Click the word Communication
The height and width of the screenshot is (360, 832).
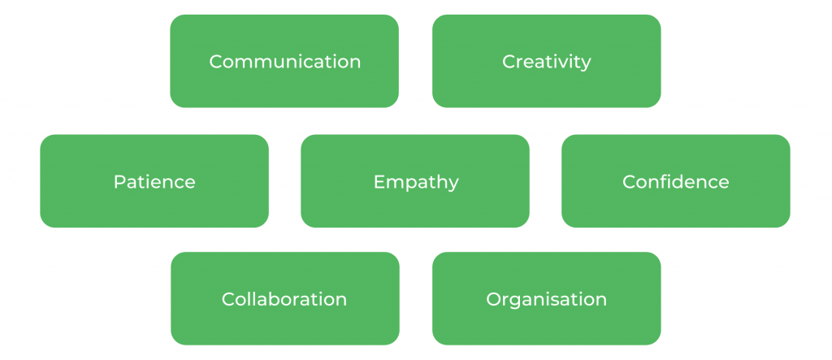pyautogui.click(x=284, y=62)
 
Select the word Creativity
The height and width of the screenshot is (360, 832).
pyautogui.click(x=546, y=62)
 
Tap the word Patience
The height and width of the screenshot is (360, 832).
pyautogui.click(x=154, y=182)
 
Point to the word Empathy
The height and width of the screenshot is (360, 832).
pyautogui.click(x=415, y=182)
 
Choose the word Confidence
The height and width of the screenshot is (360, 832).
pyautogui.click(x=675, y=182)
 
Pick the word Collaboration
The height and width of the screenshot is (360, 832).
pyautogui.click(x=284, y=299)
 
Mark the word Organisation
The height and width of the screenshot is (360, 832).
pyautogui.click(x=546, y=299)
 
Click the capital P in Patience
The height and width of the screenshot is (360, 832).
pyautogui.click(x=119, y=182)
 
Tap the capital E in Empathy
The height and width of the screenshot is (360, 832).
pyautogui.click(x=379, y=182)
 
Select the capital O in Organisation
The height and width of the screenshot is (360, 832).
pyautogui.click(x=493, y=299)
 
